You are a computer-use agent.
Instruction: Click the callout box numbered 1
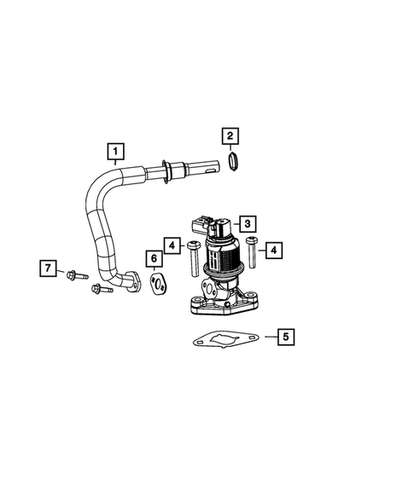[x=114, y=153]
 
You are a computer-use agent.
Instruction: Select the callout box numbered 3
[x=246, y=224]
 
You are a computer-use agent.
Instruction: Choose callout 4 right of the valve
[x=275, y=250]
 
